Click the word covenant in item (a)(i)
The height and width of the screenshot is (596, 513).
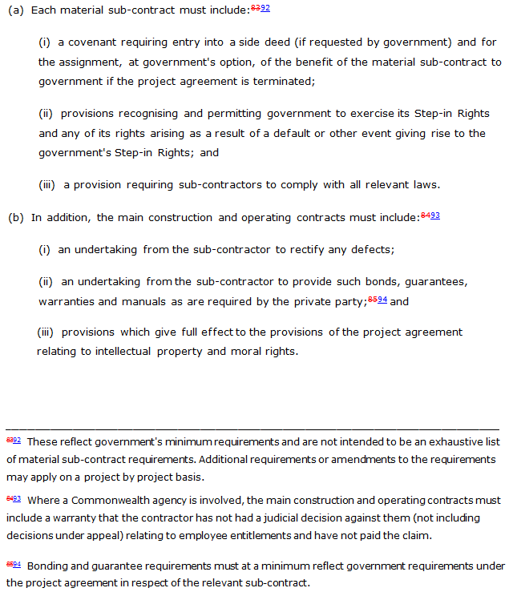[x=92, y=42]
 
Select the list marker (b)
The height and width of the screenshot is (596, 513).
[x=15, y=218]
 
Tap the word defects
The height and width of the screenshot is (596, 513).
[x=372, y=250]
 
